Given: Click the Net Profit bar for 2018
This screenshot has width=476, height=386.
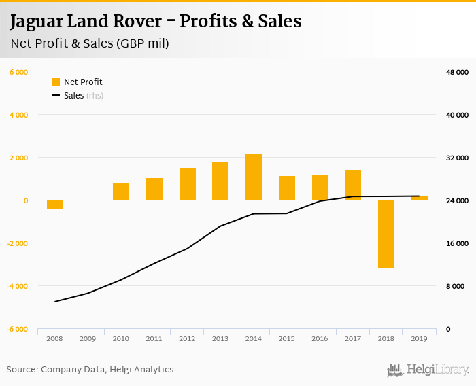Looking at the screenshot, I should (386, 234).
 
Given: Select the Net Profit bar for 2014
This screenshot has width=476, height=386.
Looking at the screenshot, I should (254, 177).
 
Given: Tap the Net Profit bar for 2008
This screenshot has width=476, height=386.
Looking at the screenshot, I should (55, 205).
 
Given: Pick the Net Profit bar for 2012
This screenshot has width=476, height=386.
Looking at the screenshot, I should (188, 184).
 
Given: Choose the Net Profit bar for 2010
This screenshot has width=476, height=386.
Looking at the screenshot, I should (121, 192).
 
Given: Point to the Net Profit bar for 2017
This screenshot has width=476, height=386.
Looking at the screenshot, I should (353, 185).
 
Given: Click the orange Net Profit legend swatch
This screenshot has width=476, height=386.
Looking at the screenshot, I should (56, 82).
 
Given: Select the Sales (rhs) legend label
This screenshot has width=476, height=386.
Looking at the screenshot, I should (83, 96).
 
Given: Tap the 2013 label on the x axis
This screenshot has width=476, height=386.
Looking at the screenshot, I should (220, 338).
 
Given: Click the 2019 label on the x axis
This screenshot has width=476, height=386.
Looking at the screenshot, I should (420, 338).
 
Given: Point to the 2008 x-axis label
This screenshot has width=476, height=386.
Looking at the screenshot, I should (55, 338).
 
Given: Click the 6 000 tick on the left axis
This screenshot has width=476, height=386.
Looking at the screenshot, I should (18, 72).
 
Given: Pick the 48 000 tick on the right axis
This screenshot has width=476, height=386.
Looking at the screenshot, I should (457, 72).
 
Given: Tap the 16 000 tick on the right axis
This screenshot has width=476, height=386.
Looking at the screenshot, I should (457, 243).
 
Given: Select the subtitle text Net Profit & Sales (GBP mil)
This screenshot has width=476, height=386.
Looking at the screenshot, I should (89, 43).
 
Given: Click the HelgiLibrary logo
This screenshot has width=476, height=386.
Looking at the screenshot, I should (428, 370).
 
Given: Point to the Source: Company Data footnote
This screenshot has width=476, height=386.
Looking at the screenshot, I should (90, 370).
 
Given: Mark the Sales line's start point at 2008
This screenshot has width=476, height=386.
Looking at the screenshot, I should (55, 302).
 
